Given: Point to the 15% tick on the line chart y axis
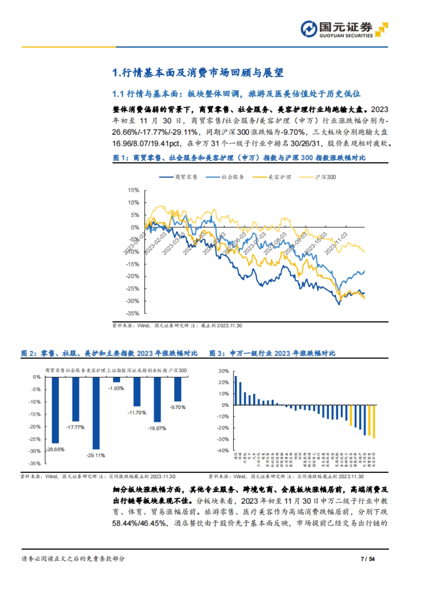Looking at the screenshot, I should click(x=133, y=190).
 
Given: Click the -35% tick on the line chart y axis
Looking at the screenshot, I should click(x=133, y=314).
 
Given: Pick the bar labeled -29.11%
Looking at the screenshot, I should click(x=96, y=413).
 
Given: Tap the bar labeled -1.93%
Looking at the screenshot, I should click(x=117, y=380).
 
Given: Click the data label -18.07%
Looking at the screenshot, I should click(x=157, y=428).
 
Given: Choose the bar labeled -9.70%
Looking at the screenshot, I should click(x=178, y=389).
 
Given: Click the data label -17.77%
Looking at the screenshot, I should click(x=75, y=427).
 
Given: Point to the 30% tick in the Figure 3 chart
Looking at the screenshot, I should click(x=223, y=371).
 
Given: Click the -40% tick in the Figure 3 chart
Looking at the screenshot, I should click(x=223, y=450).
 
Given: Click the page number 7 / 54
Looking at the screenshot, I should click(x=368, y=559).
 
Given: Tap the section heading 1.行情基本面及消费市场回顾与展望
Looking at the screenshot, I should click(x=198, y=73).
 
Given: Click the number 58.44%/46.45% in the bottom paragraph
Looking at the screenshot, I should click(x=139, y=523).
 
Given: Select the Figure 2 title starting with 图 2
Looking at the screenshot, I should click(x=109, y=354).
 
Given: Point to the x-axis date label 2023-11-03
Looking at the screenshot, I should click(x=336, y=243).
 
